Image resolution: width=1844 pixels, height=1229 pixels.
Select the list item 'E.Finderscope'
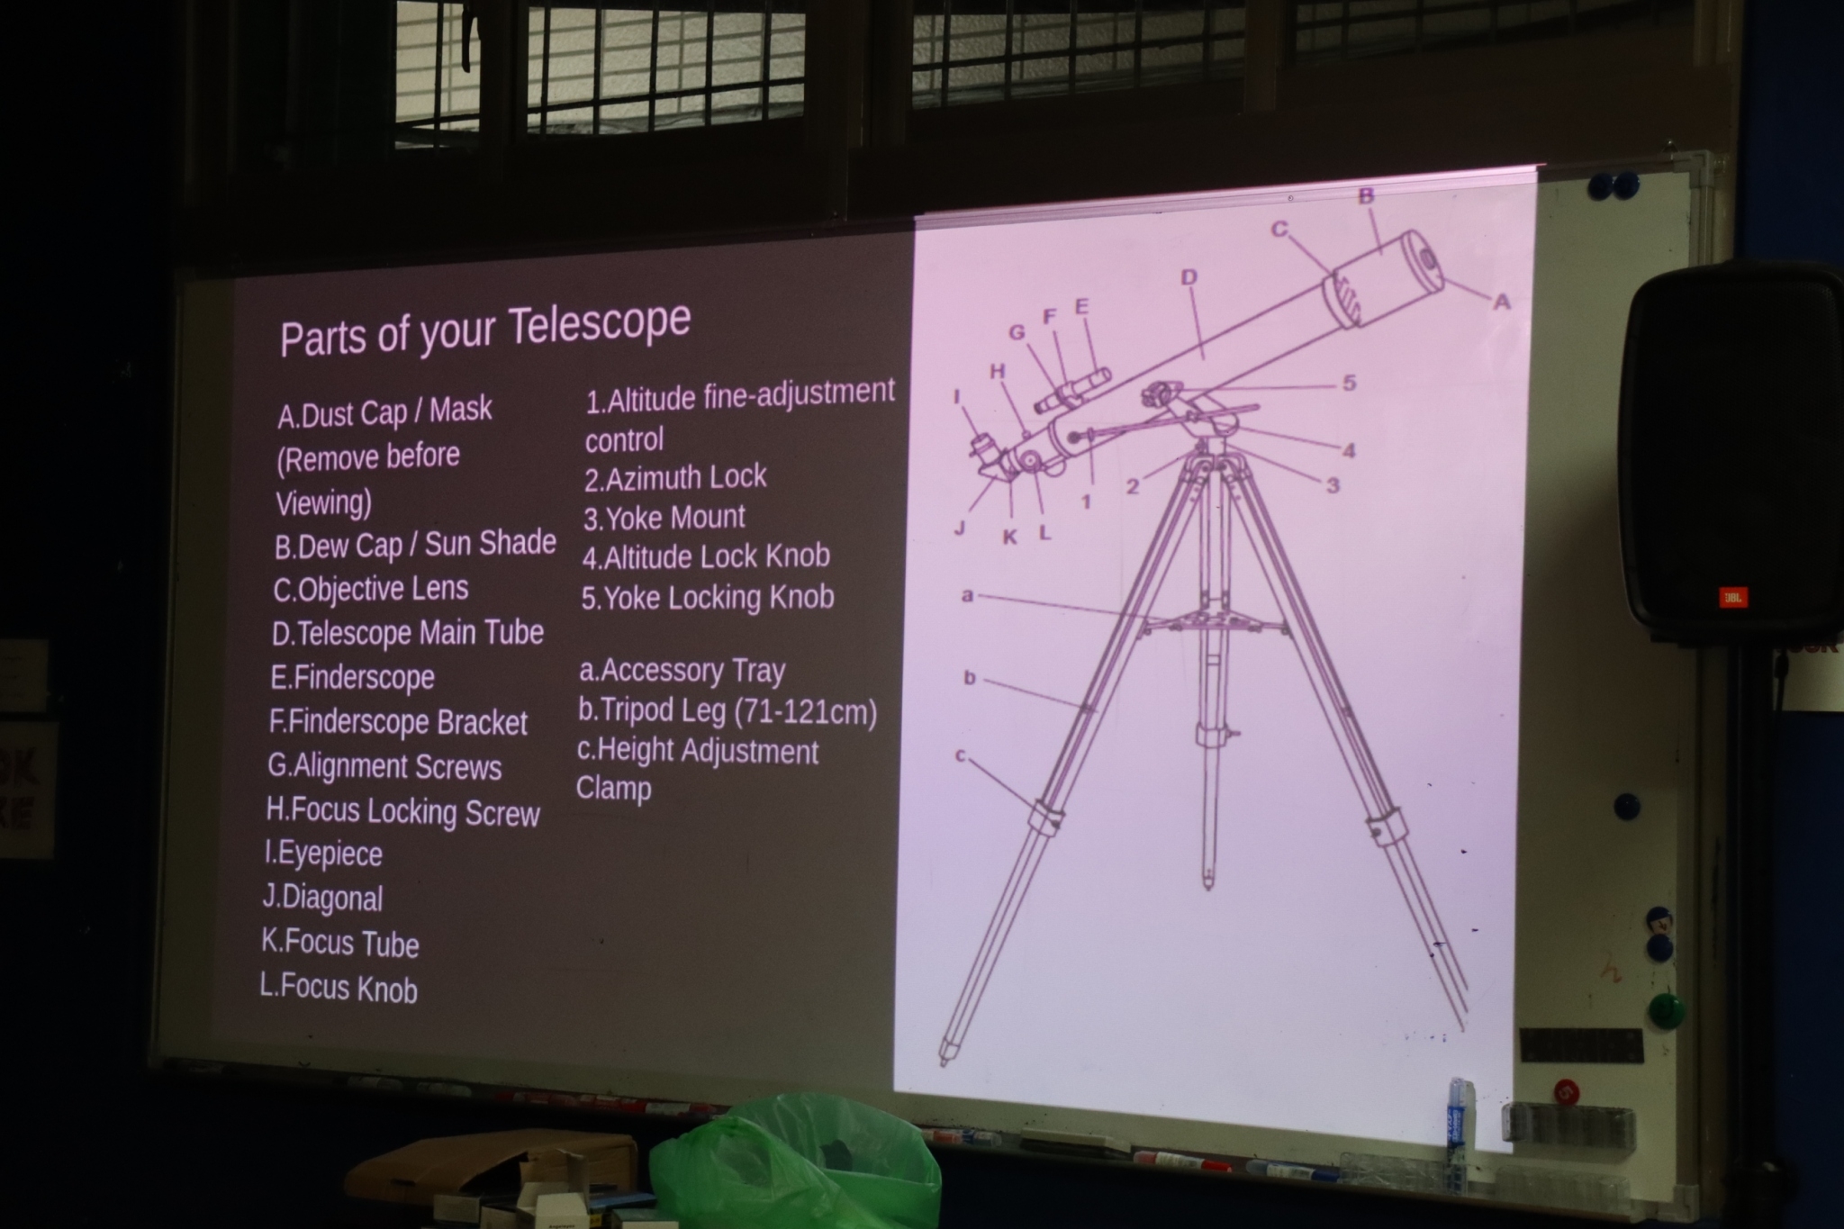(x=353, y=677)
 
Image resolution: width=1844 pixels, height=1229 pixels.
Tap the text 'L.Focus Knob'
(x=339, y=988)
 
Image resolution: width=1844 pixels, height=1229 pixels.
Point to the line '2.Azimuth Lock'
(x=675, y=477)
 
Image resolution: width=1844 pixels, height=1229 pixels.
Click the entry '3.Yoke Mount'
(x=664, y=518)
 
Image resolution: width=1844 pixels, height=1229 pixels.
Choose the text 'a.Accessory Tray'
(x=682, y=671)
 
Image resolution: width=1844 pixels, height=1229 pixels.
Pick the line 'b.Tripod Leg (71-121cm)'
(x=728, y=711)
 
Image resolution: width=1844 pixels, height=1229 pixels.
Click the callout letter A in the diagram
(x=1501, y=303)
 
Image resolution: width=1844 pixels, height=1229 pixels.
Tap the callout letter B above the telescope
(x=1366, y=195)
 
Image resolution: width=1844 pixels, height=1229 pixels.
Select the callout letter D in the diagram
(x=1189, y=277)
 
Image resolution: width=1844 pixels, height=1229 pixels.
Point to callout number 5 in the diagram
(x=1349, y=383)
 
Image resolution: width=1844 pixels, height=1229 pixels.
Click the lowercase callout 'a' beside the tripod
(x=968, y=595)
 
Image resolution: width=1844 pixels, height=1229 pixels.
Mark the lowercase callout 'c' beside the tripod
(x=961, y=756)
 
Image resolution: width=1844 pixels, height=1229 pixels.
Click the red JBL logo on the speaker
(x=1732, y=597)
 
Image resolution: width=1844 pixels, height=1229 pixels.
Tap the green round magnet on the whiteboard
(x=1667, y=1009)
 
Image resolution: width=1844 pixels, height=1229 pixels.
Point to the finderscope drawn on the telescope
(x=1072, y=390)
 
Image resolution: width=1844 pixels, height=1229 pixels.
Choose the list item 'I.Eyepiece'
(x=324, y=854)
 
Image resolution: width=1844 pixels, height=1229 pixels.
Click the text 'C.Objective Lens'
(x=371, y=589)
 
